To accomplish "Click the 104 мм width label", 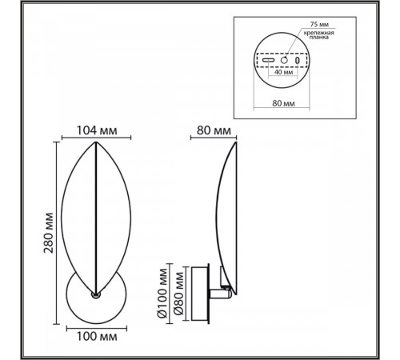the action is (x=97, y=130).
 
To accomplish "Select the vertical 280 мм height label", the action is (x=49, y=233).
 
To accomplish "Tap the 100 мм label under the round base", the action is (x=97, y=337).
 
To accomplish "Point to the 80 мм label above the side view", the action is (x=214, y=130).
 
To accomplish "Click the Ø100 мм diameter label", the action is (x=162, y=294).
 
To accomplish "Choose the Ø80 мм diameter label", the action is (x=178, y=294).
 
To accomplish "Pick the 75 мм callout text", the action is (x=319, y=24).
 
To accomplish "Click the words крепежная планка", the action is (x=319, y=35).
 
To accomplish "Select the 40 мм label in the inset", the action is (x=283, y=72).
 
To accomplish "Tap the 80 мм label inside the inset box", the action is (x=283, y=103).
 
